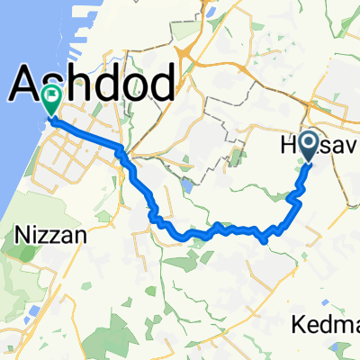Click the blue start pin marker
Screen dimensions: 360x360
pyautogui.click(x=309, y=146)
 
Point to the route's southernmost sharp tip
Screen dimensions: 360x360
pyautogui.click(x=263, y=241)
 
